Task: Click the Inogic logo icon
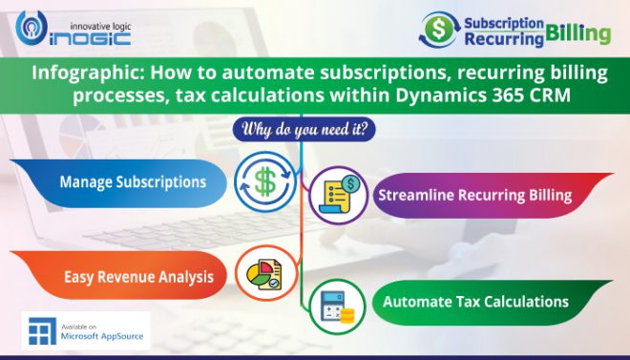click(30, 30)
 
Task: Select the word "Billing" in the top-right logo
click(579, 34)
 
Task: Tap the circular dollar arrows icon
click(265, 180)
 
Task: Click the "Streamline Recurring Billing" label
click(474, 196)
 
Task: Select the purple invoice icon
click(340, 194)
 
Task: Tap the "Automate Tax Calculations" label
click(475, 302)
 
